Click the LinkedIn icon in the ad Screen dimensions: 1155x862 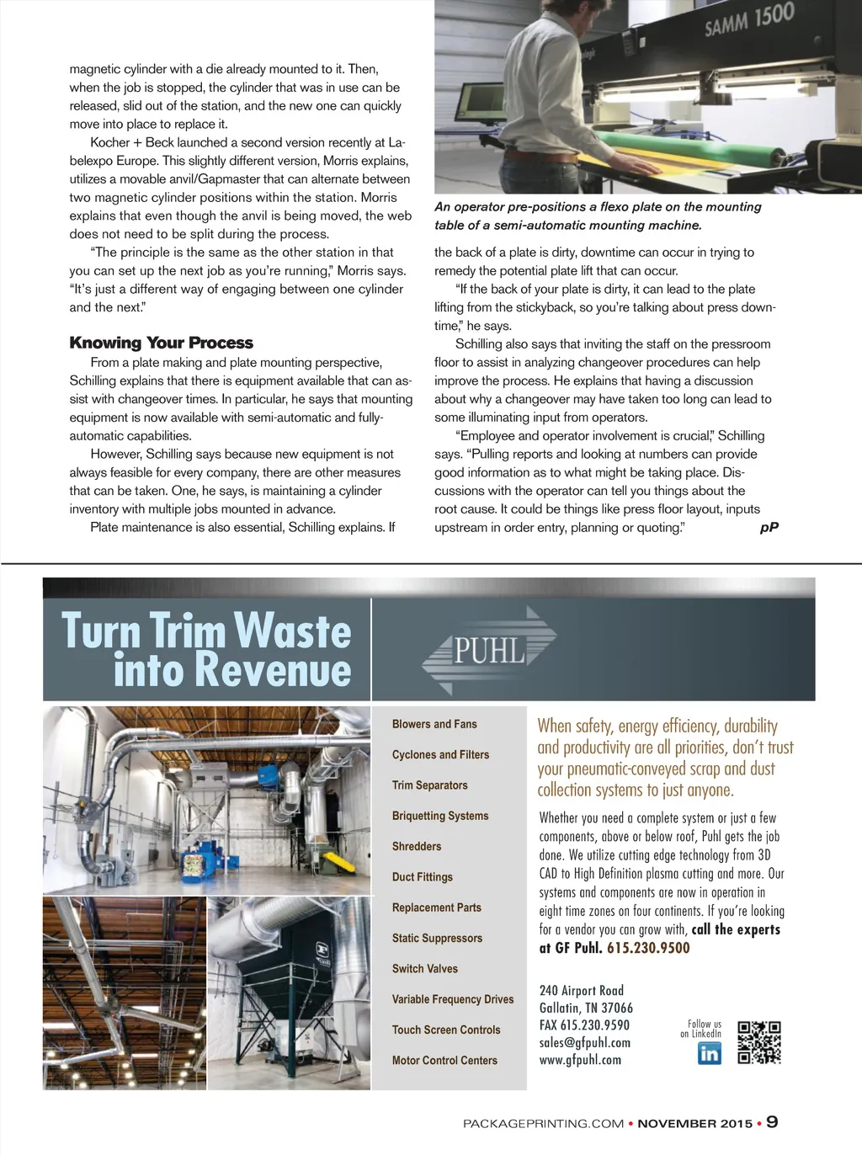710,1053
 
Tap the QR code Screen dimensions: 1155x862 759,1043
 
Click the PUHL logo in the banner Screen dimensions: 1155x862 489,650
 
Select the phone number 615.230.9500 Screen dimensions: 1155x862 648,948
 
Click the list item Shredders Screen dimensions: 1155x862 417,846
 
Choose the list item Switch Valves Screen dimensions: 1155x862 425,969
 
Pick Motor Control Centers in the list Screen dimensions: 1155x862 444,1061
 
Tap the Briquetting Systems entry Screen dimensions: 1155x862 440,816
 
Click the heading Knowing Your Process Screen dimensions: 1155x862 162,343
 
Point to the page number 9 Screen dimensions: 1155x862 772,1122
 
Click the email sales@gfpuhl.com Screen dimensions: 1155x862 585,1043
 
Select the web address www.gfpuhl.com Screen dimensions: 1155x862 580,1060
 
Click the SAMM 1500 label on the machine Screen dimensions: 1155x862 749,19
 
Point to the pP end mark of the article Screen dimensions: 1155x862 769,528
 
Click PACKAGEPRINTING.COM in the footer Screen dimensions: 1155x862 544,1124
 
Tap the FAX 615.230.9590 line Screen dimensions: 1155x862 584,1025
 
